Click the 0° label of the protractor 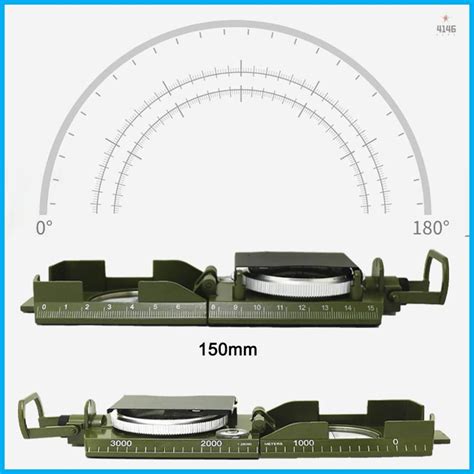43,228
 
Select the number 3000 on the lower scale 121,443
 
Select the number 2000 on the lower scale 211,443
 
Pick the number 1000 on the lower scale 304,443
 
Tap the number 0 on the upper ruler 63,307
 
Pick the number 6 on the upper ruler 178,307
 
